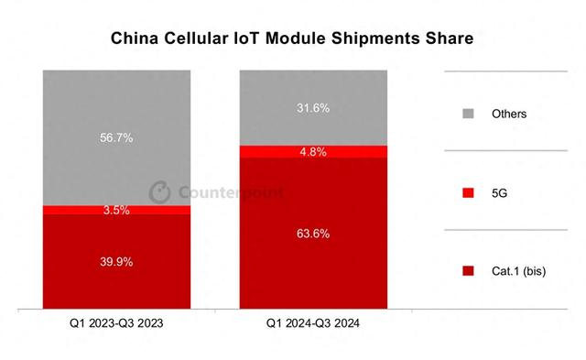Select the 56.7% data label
point(116,138)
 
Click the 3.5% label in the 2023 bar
point(116,210)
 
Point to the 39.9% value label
point(116,262)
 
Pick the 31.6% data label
point(314,107)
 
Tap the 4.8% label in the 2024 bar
point(314,151)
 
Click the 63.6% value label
point(314,234)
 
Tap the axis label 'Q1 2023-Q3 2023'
point(116,323)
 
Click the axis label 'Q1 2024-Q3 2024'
point(314,323)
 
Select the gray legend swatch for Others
point(469,114)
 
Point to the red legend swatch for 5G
point(469,192)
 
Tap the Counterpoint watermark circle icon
point(159,192)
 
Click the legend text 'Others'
point(508,114)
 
